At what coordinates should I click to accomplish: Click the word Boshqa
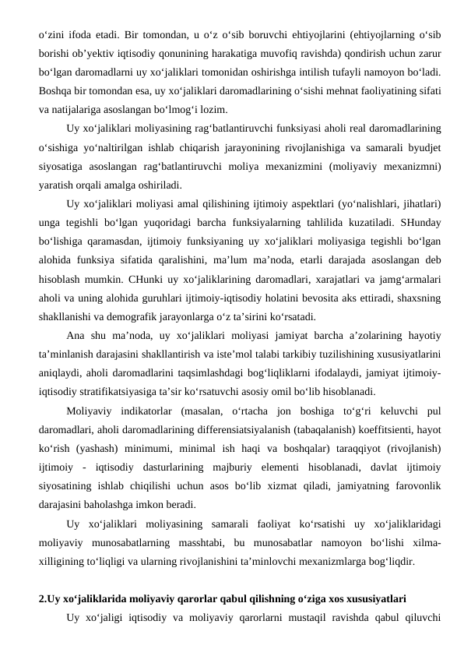[55, 91]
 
